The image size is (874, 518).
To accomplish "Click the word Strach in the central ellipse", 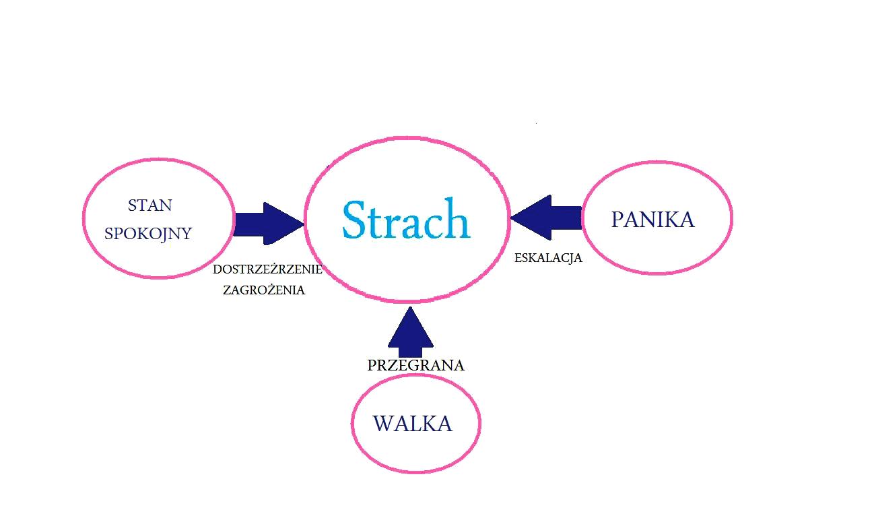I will [x=405, y=219].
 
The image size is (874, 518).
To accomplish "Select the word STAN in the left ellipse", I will [x=149, y=205].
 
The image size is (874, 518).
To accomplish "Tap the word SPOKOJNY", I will [x=148, y=234].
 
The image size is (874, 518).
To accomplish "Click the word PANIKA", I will [x=652, y=220].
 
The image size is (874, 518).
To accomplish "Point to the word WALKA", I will [x=412, y=424].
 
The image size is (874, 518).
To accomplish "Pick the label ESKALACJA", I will [x=548, y=258].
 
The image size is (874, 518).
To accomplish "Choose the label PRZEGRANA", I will [x=415, y=366].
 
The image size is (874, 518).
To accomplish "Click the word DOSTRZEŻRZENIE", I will [x=267, y=269].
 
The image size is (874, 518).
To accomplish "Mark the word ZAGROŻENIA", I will [x=264, y=290].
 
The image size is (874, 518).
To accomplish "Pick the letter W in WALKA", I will [x=382, y=424].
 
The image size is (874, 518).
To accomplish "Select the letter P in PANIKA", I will [x=617, y=220].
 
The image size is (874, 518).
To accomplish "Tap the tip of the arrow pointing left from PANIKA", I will [x=512, y=218].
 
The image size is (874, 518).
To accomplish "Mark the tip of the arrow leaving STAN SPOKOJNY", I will [x=304, y=223].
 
